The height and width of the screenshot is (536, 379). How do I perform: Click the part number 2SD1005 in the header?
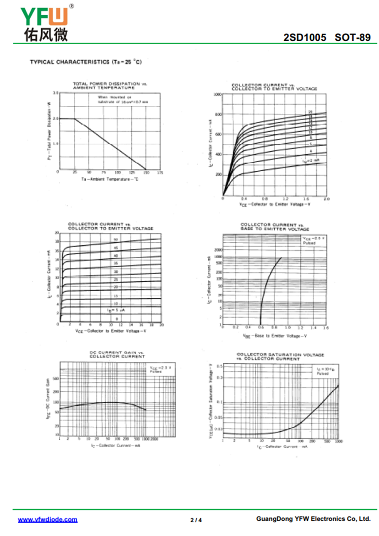305,37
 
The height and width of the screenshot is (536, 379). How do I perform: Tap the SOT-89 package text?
352,37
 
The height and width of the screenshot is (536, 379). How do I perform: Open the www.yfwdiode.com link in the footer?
47,519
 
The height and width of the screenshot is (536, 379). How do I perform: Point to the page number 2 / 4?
196,520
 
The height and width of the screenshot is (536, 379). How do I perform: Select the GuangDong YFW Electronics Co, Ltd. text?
313,519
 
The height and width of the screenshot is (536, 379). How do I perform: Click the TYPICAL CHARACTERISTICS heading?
86,62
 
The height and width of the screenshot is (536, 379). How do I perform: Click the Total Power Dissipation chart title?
110,85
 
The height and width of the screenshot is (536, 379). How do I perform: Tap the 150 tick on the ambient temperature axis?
145,173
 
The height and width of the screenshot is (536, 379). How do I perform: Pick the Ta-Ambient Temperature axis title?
109,179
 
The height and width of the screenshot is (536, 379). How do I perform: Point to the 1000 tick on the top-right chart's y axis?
217,94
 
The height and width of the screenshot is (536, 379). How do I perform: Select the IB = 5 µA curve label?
115,310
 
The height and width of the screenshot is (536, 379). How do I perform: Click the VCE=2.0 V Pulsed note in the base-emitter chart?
313,240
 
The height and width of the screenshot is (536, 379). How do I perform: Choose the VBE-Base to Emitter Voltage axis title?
274,336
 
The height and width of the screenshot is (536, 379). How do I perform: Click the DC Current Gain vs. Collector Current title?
117,354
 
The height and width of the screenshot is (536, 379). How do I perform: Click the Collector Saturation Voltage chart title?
280,356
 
